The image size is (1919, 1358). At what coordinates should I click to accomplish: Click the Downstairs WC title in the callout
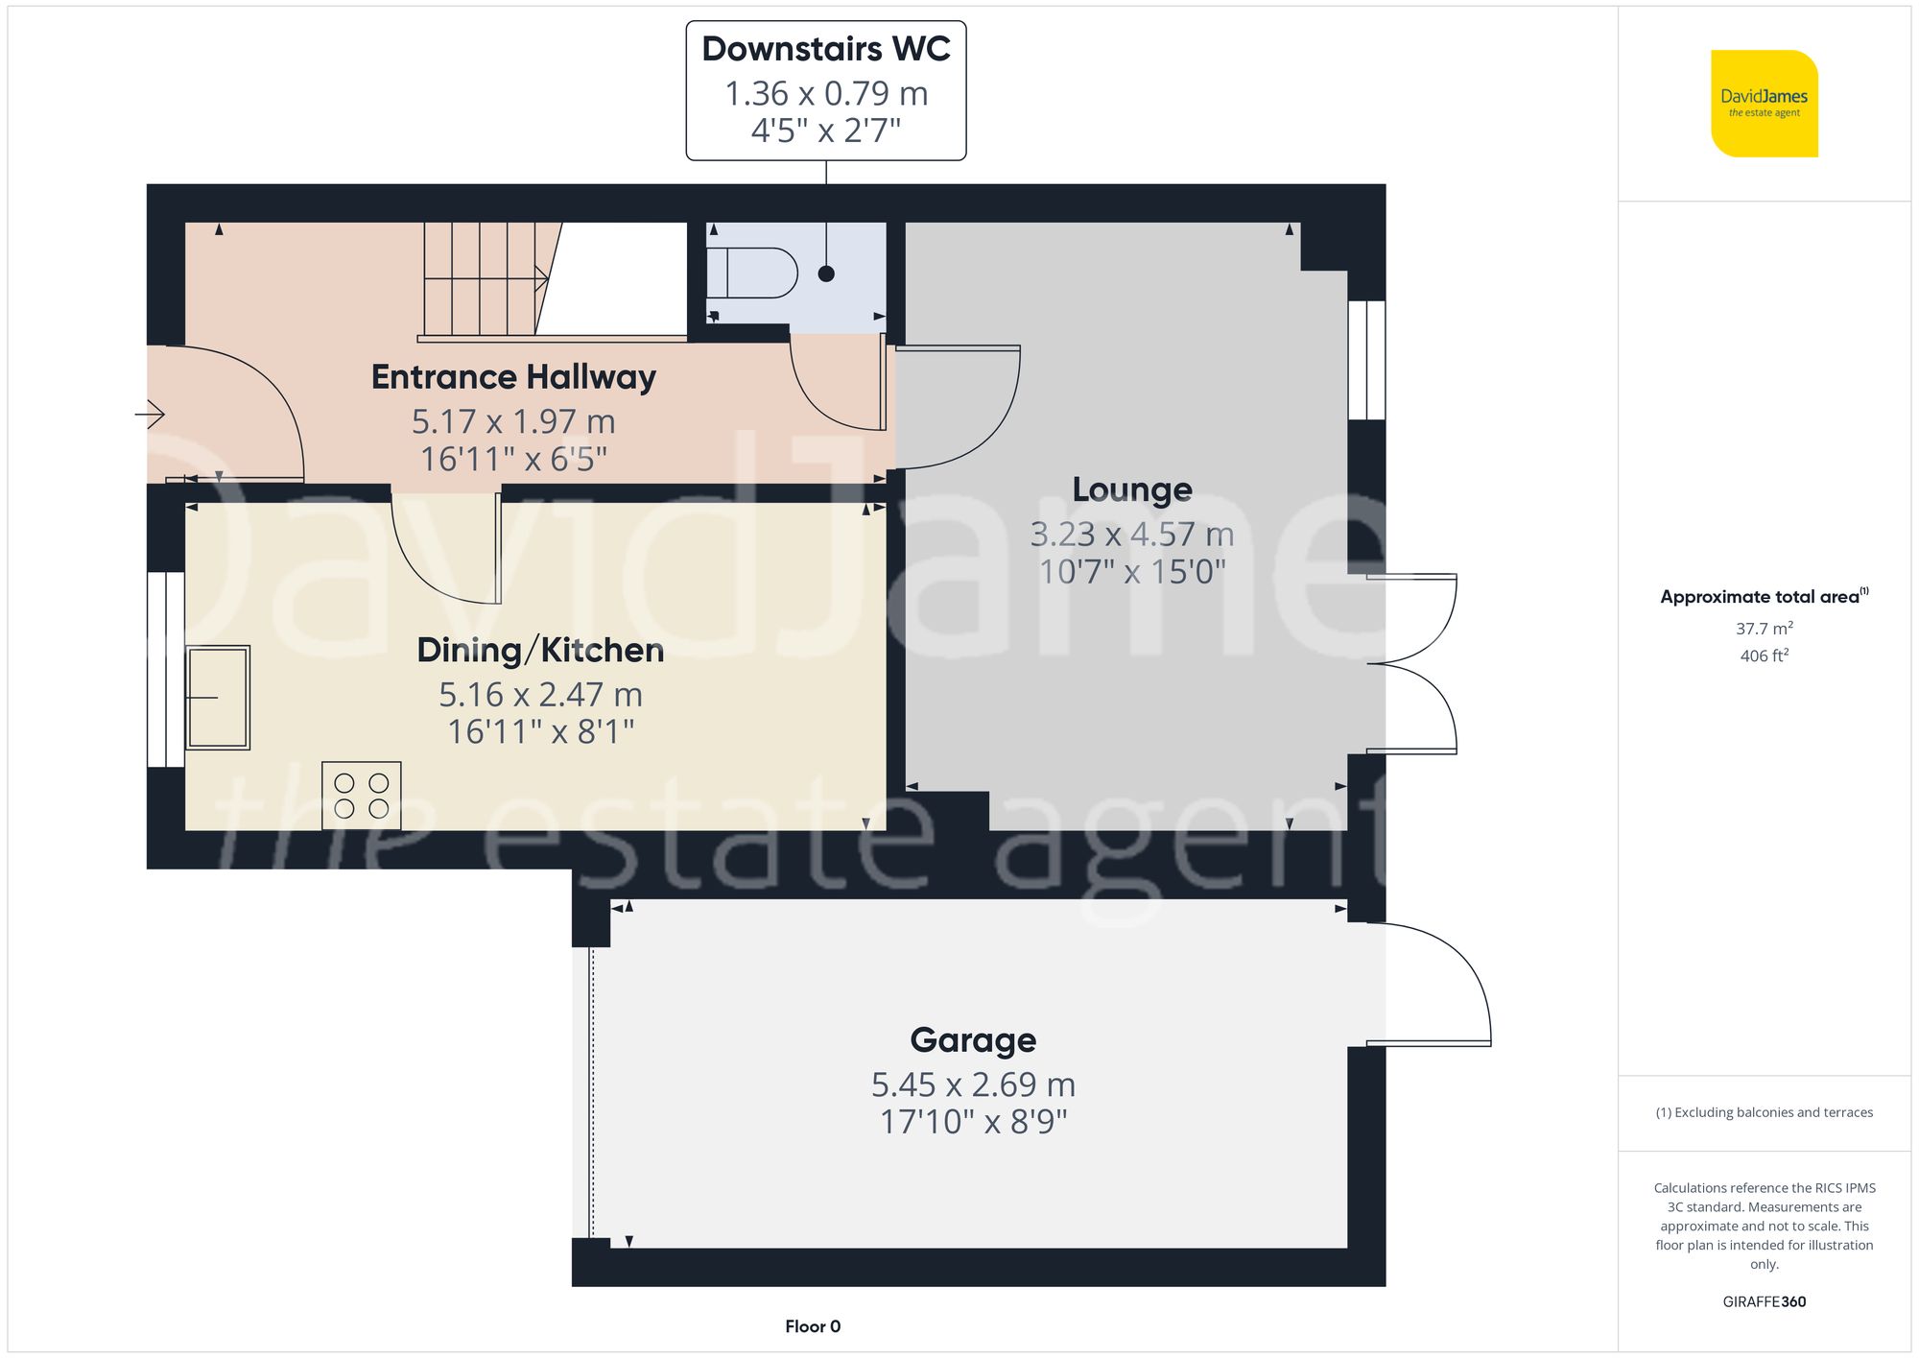(x=825, y=49)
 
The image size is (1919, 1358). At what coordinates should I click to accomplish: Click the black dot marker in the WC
(x=826, y=274)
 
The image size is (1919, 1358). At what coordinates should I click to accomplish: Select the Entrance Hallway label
(x=513, y=377)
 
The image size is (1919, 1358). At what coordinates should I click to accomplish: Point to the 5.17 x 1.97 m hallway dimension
(x=513, y=421)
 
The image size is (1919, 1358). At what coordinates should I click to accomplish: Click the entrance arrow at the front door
(x=151, y=415)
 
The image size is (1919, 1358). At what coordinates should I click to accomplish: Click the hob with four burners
(x=362, y=796)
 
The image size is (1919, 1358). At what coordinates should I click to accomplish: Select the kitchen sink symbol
(x=219, y=698)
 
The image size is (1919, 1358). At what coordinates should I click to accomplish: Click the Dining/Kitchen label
(x=540, y=651)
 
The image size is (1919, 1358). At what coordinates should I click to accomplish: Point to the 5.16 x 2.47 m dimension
(x=540, y=694)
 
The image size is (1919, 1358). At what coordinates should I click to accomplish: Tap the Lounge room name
(x=1132, y=489)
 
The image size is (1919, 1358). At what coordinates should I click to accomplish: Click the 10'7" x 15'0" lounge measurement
(x=1132, y=572)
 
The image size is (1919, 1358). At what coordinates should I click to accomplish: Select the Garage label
(x=973, y=1040)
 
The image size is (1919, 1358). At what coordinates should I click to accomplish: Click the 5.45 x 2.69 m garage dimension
(x=973, y=1084)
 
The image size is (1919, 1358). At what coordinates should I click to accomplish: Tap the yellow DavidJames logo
(x=1764, y=104)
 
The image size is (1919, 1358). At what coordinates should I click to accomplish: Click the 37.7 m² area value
(x=1764, y=629)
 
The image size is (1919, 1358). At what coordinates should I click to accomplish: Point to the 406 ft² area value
(x=1764, y=655)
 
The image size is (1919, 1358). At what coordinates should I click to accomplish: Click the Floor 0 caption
(x=813, y=1326)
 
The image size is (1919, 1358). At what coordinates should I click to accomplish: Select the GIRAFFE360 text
(x=1764, y=1301)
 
